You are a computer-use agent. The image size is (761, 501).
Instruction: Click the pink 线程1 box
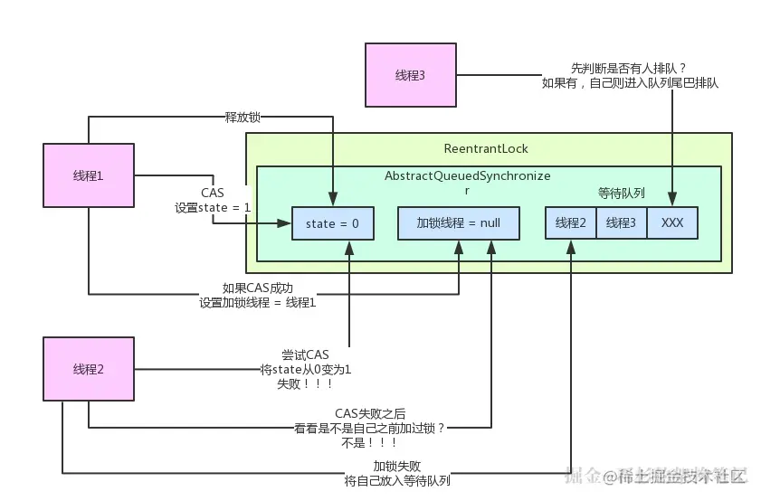pos(89,175)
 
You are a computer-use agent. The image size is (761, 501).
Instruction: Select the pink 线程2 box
pos(89,369)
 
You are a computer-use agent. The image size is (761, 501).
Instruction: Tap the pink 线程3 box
pos(411,75)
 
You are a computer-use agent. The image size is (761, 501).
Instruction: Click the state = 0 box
pos(332,223)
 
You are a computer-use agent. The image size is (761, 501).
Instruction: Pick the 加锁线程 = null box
pos(459,223)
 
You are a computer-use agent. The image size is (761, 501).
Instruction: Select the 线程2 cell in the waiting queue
pos(571,223)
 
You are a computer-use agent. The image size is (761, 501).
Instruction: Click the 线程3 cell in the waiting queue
pos(622,223)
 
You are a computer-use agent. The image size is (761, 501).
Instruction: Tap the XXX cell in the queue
pos(672,223)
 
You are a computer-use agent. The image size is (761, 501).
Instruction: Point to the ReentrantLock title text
pos(486,149)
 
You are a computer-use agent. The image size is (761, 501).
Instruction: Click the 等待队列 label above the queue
pos(622,193)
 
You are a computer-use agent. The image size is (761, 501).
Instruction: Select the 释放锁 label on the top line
pos(243,118)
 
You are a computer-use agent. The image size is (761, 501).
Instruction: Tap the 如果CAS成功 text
pos(258,288)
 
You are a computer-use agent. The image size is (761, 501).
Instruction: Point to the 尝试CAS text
pos(305,354)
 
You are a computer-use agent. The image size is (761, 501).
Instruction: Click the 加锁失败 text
pos(397,466)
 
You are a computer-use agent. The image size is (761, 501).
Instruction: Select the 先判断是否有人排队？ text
pos(629,69)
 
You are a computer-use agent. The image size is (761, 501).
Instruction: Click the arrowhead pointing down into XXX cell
pos(672,199)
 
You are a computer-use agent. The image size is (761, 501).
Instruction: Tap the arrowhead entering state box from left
pos(284,223)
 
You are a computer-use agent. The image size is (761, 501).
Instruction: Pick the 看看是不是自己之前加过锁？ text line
pos(370,429)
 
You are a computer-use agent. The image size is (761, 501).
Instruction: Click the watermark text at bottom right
pos(656,476)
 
